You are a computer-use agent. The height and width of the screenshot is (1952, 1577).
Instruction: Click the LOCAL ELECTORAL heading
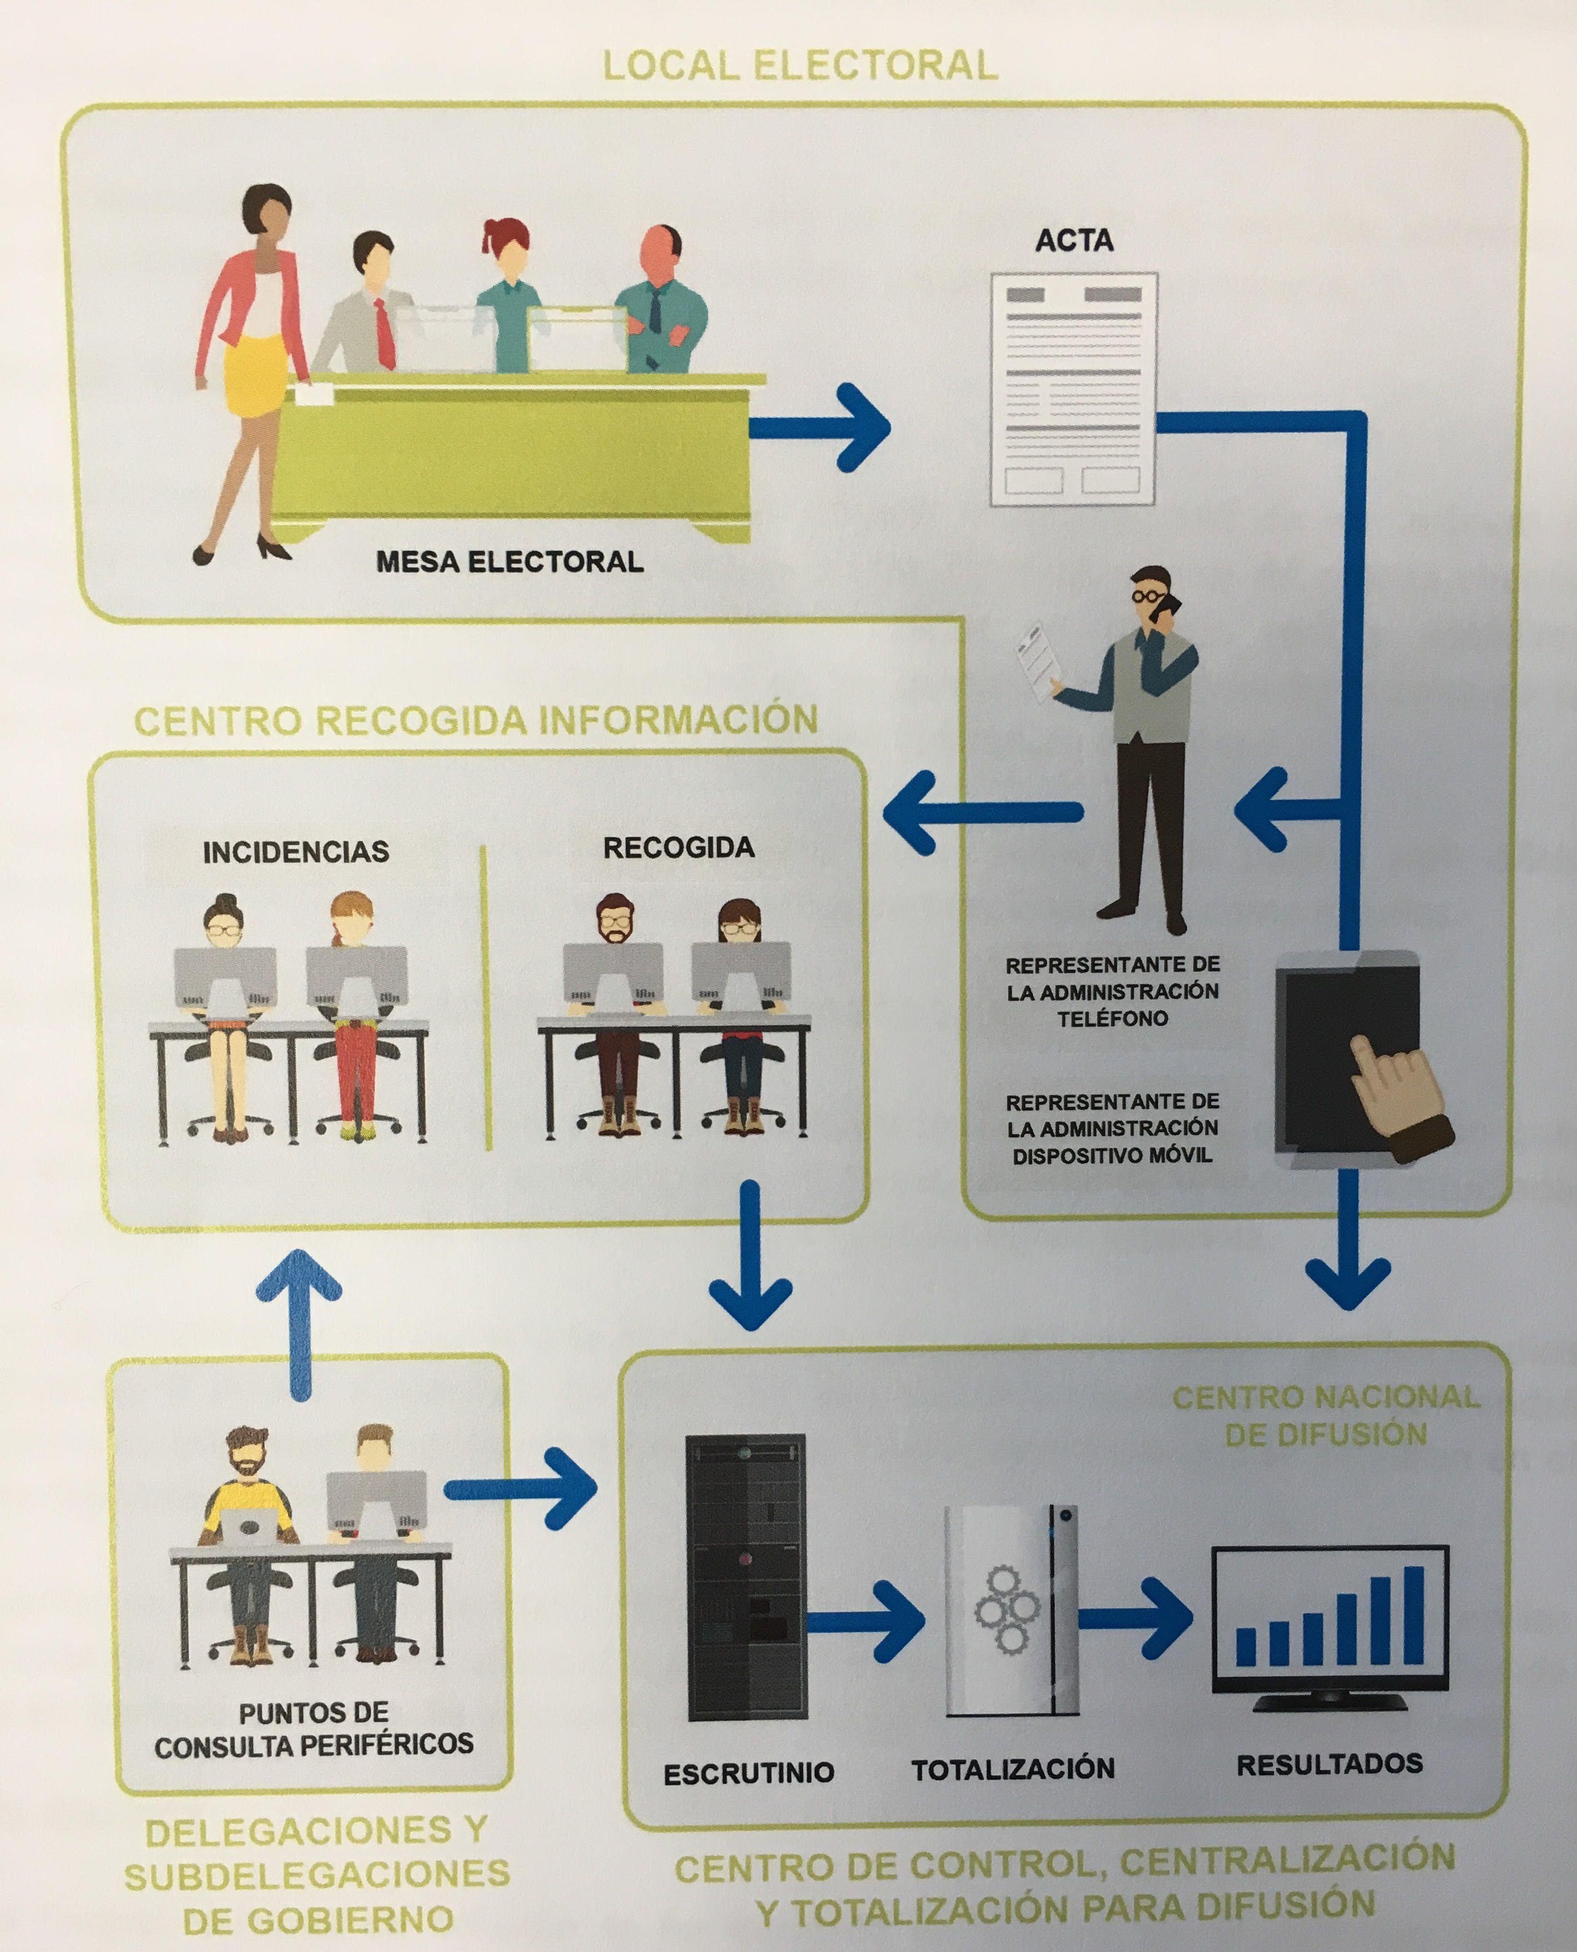tap(800, 65)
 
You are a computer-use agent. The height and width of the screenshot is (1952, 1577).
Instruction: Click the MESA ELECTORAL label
tap(509, 561)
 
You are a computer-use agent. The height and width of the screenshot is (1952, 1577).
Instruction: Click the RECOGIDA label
tap(679, 847)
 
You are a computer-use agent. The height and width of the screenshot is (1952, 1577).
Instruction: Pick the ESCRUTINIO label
tap(749, 1772)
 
